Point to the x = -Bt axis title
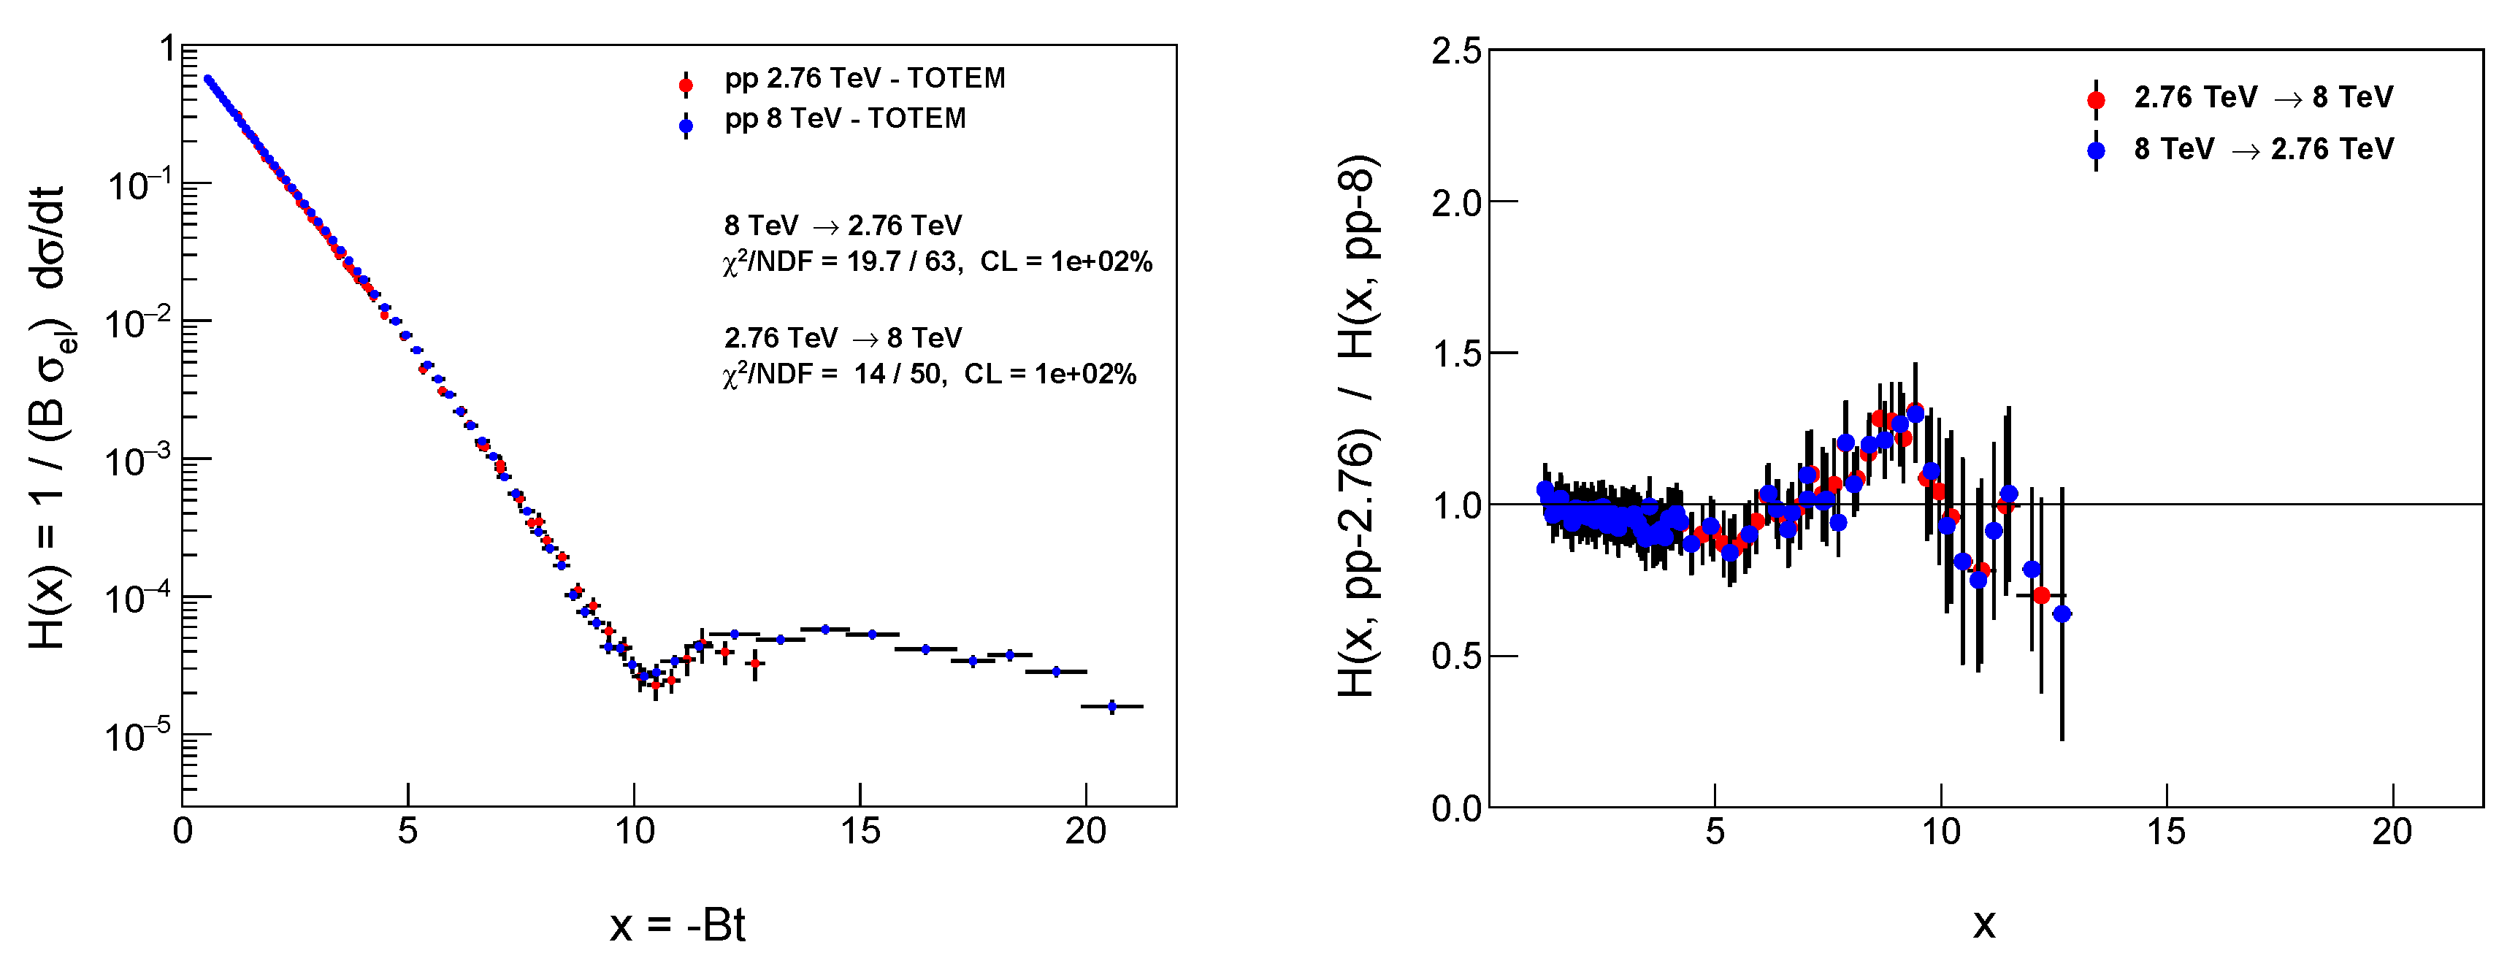[x=678, y=925]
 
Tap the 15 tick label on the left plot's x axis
[x=860, y=832]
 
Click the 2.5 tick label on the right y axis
[x=1456, y=50]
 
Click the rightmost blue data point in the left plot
[x=1112, y=706]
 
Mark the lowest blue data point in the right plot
[x=2062, y=613]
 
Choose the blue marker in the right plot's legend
[x=2095, y=150]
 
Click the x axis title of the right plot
[x=1983, y=923]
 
